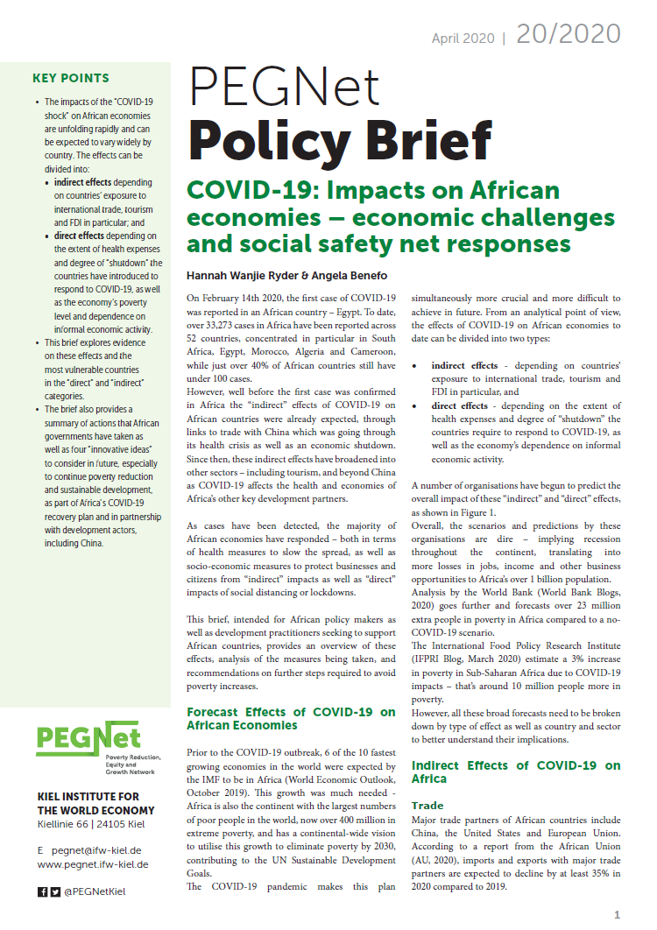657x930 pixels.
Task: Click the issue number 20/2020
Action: [x=569, y=34]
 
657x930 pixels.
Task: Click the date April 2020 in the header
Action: [x=464, y=39]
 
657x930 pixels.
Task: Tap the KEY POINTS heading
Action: [x=71, y=78]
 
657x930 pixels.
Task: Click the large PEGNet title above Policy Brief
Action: [x=285, y=88]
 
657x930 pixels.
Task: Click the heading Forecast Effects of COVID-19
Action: [x=291, y=718]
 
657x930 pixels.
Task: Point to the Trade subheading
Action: [x=427, y=805]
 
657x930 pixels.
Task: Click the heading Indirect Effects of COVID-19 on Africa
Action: [x=516, y=771]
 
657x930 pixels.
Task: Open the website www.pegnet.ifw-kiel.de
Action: [x=93, y=864]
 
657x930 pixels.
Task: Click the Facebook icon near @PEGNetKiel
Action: [x=42, y=892]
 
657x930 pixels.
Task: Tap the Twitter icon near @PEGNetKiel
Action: [x=54, y=892]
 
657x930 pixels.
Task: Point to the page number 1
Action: [x=617, y=915]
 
